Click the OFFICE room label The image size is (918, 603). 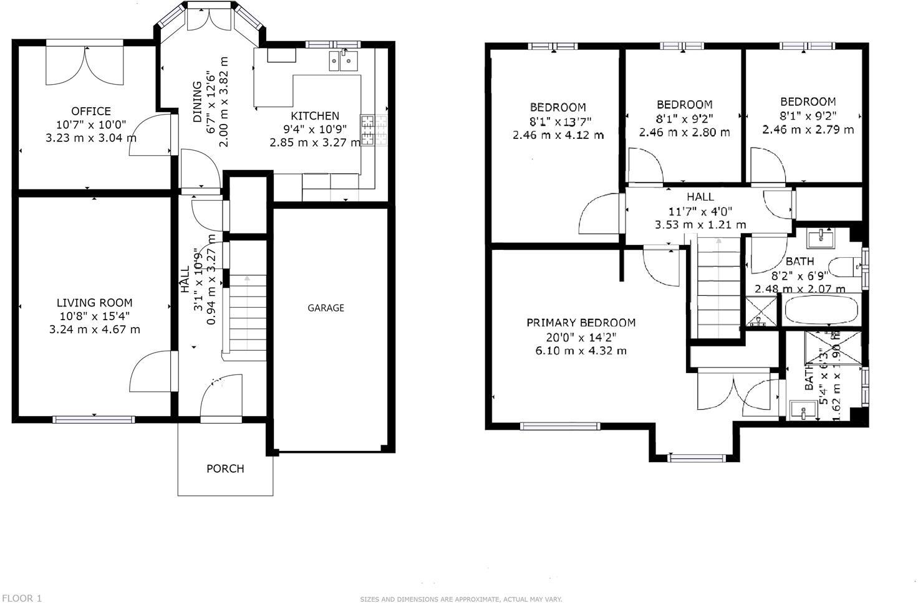pyautogui.click(x=91, y=112)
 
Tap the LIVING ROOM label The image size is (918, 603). pyautogui.click(x=94, y=303)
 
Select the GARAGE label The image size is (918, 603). pyautogui.click(x=326, y=308)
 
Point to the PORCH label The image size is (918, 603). pyautogui.click(x=225, y=468)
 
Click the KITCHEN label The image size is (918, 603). pyautogui.click(x=315, y=116)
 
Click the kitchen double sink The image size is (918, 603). pyautogui.click(x=342, y=60)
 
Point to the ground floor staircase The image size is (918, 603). pyautogui.click(x=248, y=315)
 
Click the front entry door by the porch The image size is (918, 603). pyautogui.click(x=220, y=396)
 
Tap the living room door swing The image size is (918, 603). pyautogui.click(x=150, y=372)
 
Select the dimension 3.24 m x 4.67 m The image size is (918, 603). pyautogui.click(x=94, y=330)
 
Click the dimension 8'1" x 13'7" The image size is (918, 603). pyautogui.click(x=558, y=121)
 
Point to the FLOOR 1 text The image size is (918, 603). pyautogui.click(x=21, y=598)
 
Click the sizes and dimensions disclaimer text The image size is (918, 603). pyautogui.click(x=461, y=599)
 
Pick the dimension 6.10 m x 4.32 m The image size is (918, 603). pyautogui.click(x=581, y=351)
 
